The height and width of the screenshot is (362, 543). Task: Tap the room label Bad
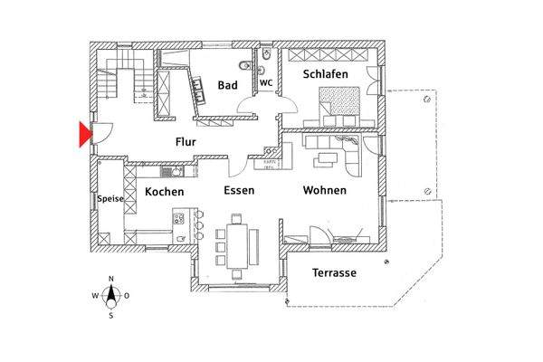click(x=227, y=86)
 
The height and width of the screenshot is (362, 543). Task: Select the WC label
click(x=266, y=83)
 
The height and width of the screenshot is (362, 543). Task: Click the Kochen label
click(x=164, y=193)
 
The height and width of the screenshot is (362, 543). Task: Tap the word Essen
click(x=240, y=191)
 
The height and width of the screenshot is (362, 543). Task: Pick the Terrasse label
click(x=334, y=272)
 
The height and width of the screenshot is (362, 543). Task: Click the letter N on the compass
click(x=110, y=279)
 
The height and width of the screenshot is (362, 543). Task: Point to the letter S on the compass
click(x=110, y=316)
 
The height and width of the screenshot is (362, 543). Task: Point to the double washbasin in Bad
click(x=195, y=87)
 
